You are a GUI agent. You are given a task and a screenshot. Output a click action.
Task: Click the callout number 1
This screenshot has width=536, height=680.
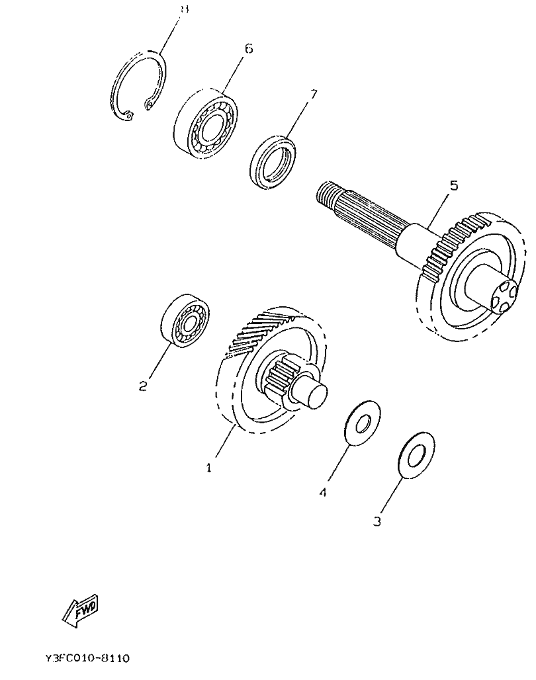tap(208, 467)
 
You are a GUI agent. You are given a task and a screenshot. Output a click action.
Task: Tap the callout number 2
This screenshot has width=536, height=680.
tap(143, 386)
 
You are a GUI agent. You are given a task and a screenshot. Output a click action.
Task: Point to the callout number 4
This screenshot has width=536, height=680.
tap(322, 492)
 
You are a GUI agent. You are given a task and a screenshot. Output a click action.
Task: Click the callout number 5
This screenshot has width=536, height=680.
tap(453, 186)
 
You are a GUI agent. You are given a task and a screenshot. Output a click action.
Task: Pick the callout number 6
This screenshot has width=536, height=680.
tap(248, 48)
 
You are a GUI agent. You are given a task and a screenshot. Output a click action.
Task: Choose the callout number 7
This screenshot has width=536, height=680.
tap(314, 93)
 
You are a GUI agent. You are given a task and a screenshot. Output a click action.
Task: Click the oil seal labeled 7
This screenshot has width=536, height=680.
tap(273, 161)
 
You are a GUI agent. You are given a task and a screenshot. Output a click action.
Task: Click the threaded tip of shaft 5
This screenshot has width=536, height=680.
tap(325, 192)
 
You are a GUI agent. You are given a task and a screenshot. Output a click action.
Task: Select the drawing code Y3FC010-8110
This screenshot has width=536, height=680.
tap(87, 659)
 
